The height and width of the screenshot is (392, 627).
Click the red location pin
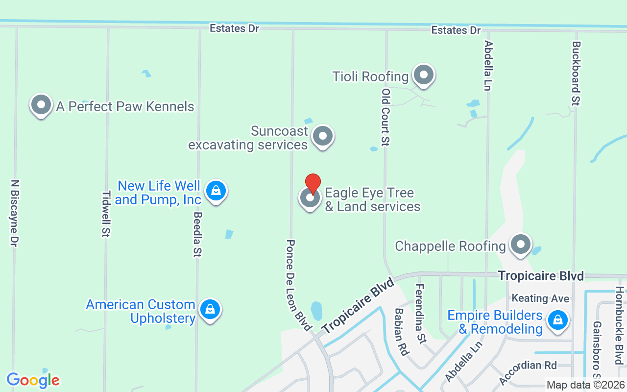pyautogui.click(x=313, y=184)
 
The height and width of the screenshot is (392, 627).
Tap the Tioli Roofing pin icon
pyautogui.click(x=424, y=75)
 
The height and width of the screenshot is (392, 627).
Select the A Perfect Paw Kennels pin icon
pyautogui.click(x=41, y=105)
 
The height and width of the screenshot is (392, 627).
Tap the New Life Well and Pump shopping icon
pyautogui.click(x=216, y=190)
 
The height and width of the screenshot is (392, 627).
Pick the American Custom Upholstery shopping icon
pyautogui.click(x=210, y=309)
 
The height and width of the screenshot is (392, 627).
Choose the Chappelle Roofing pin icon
pyautogui.click(x=520, y=244)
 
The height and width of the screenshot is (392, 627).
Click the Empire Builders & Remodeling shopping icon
pyautogui.click(x=557, y=320)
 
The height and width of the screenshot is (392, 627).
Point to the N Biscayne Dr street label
pyautogui.click(x=14, y=213)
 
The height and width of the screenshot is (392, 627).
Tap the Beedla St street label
pyautogui.click(x=198, y=235)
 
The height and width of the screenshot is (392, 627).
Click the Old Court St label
pyautogui.click(x=386, y=118)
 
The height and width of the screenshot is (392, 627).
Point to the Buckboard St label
pyautogui.click(x=576, y=73)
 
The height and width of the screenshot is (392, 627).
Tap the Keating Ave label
pyautogui.click(x=540, y=298)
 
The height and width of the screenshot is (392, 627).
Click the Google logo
pyautogui.click(x=33, y=380)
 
